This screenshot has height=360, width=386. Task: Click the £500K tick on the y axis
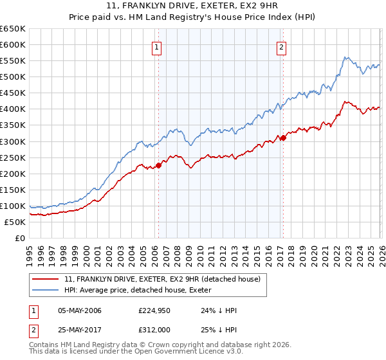click(x=12, y=77)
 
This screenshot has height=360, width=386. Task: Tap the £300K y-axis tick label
click(x=12, y=141)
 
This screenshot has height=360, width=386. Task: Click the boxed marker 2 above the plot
click(x=282, y=46)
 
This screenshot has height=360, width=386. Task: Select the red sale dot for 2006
click(x=158, y=165)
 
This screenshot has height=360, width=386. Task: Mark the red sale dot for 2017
click(x=282, y=137)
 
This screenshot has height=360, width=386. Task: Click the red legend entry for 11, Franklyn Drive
click(x=161, y=279)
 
